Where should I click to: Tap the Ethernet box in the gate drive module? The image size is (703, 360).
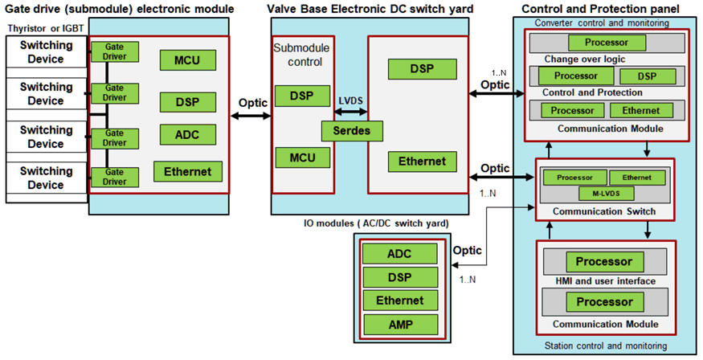click(x=187, y=171)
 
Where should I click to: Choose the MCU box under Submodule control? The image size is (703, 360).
click(x=302, y=157)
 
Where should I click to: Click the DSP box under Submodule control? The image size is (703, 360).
click(x=302, y=96)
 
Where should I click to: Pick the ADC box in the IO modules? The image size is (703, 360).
click(x=399, y=254)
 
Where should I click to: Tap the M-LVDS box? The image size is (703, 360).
click(x=604, y=194)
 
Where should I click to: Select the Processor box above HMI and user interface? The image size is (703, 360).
click(x=603, y=261)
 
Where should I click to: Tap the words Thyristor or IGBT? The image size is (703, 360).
click(x=41, y=29)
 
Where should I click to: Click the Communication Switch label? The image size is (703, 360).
click(x=604, y=212)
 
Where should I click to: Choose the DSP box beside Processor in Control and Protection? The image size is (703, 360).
click(x=645, y=76)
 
